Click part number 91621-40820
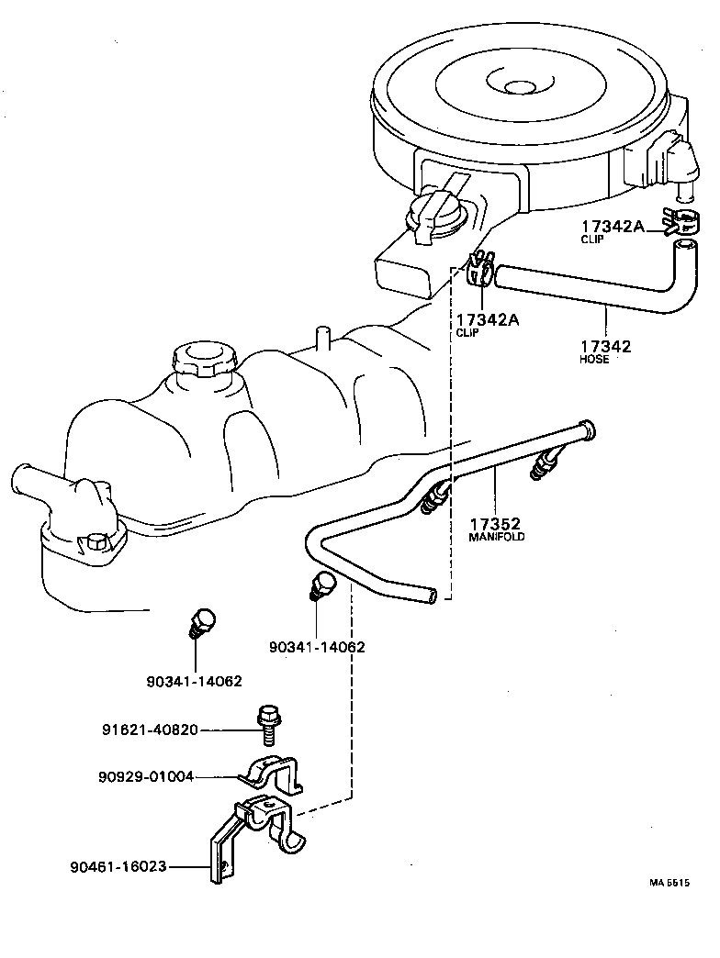pyautogui.click(x=150, y=730)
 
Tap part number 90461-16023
pyautogui.click(x=118, y=865)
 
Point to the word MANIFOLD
pyautogui.click(x=497, y=537)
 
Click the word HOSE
pyautogui.click(x=594, y=359)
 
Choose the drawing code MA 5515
pyautogui.click(x=669, y=883)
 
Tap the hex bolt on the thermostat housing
pyautogui.click(x=95, y=542)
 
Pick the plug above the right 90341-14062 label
pyautogui.click(x=323, y=585)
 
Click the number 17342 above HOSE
pyautogui.click(x=605, y=346)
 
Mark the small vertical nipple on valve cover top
pyautogui.click(x=321, y=337)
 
